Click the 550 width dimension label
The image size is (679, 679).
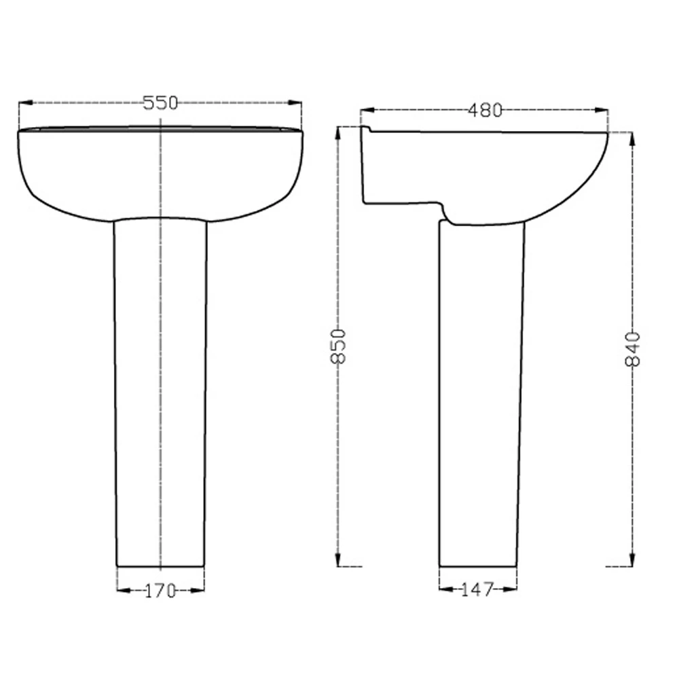tap(160, 103)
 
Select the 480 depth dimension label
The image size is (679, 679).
tap(485, 111)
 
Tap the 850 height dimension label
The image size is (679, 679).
tap(338, 346)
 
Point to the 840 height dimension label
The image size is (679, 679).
tap(633, 349)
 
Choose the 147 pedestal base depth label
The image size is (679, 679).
tap(477, 589)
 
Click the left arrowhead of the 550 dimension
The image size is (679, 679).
tap(26, 103)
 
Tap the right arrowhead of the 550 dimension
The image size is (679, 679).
tap(295, 103)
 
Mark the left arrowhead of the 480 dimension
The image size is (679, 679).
tap(367, 111)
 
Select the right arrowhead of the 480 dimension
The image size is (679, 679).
tap(601, 111)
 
